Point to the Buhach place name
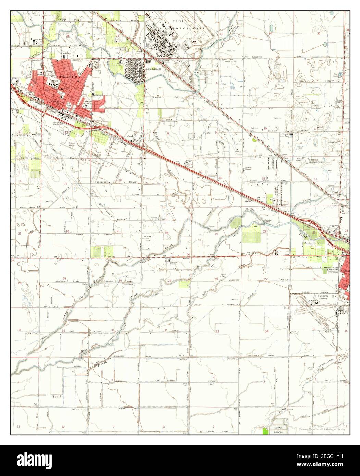point(129,136)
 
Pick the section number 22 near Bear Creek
point(264,232)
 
